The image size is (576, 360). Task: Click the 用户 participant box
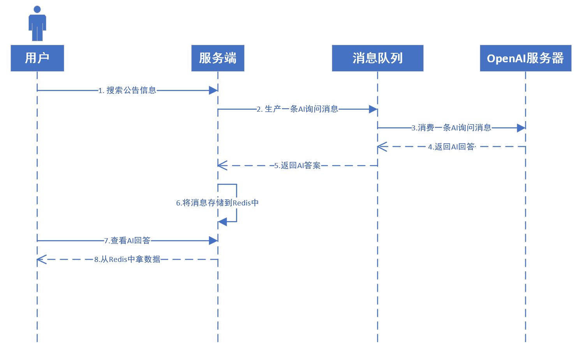click(37, 58)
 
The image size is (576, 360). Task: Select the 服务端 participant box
click(218, 58)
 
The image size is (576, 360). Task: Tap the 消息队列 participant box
click(377, 58)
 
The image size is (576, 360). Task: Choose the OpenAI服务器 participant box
click(525, 58)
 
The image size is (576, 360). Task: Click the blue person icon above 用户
click(37, 23)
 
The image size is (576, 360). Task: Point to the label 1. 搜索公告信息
click(127, 91)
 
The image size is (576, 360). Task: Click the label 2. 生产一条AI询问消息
click(298, 109)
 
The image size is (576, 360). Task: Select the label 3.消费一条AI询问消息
click(451, 128)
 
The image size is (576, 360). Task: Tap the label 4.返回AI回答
click(452, 147)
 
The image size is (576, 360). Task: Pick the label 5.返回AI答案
click(298, 166)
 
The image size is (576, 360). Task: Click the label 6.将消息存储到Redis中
click(217, 203)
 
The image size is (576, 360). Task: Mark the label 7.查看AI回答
click(127, 241)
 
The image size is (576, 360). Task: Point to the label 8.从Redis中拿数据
click(127, 259)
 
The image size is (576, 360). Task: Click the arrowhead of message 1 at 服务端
click(213, 91)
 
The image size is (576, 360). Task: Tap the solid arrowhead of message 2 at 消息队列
click(373, 109)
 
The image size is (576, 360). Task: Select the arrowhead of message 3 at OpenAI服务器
click(521, 128)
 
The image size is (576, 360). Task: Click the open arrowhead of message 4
click(382, 147)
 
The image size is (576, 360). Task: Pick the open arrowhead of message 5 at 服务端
click(222, 166)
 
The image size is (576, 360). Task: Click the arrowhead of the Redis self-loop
click(222, 222)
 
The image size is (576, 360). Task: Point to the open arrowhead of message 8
click(42, 259)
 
